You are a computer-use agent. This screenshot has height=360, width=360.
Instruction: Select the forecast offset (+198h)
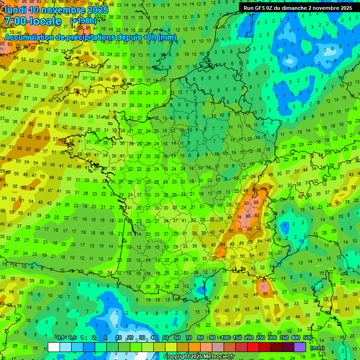click(x=83, y=21)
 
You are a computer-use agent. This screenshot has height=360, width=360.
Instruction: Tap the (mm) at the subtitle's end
click(x=167, y=37)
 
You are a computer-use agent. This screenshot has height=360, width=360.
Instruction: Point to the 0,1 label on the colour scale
click(x=60, y=337)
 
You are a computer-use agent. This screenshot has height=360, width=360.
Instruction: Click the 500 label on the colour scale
click(x=307, y=337)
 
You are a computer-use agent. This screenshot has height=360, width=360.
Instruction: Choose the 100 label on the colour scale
click(x=225, y=337)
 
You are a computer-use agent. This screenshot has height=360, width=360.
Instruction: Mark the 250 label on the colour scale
click(x=261, y=337)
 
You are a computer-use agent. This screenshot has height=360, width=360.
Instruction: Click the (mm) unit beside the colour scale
click(x=317, y=348)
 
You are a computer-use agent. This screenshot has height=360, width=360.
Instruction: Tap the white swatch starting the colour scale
click(x=54, y=347)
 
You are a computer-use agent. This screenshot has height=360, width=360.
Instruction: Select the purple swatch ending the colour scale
click(x=300, y=347)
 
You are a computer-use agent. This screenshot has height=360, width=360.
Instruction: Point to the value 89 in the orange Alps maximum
click(x=255, y=202)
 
